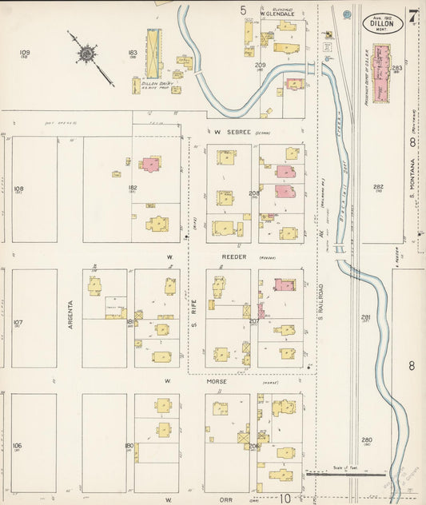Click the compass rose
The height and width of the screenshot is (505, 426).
click(86, 54)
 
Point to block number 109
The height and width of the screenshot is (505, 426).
click(25, 53)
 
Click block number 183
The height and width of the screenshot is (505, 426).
click(132, 53)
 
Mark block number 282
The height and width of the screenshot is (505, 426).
click(378, 187)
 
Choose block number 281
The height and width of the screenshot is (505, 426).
click(366, 317)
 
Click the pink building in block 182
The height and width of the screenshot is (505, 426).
click(149, 164)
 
